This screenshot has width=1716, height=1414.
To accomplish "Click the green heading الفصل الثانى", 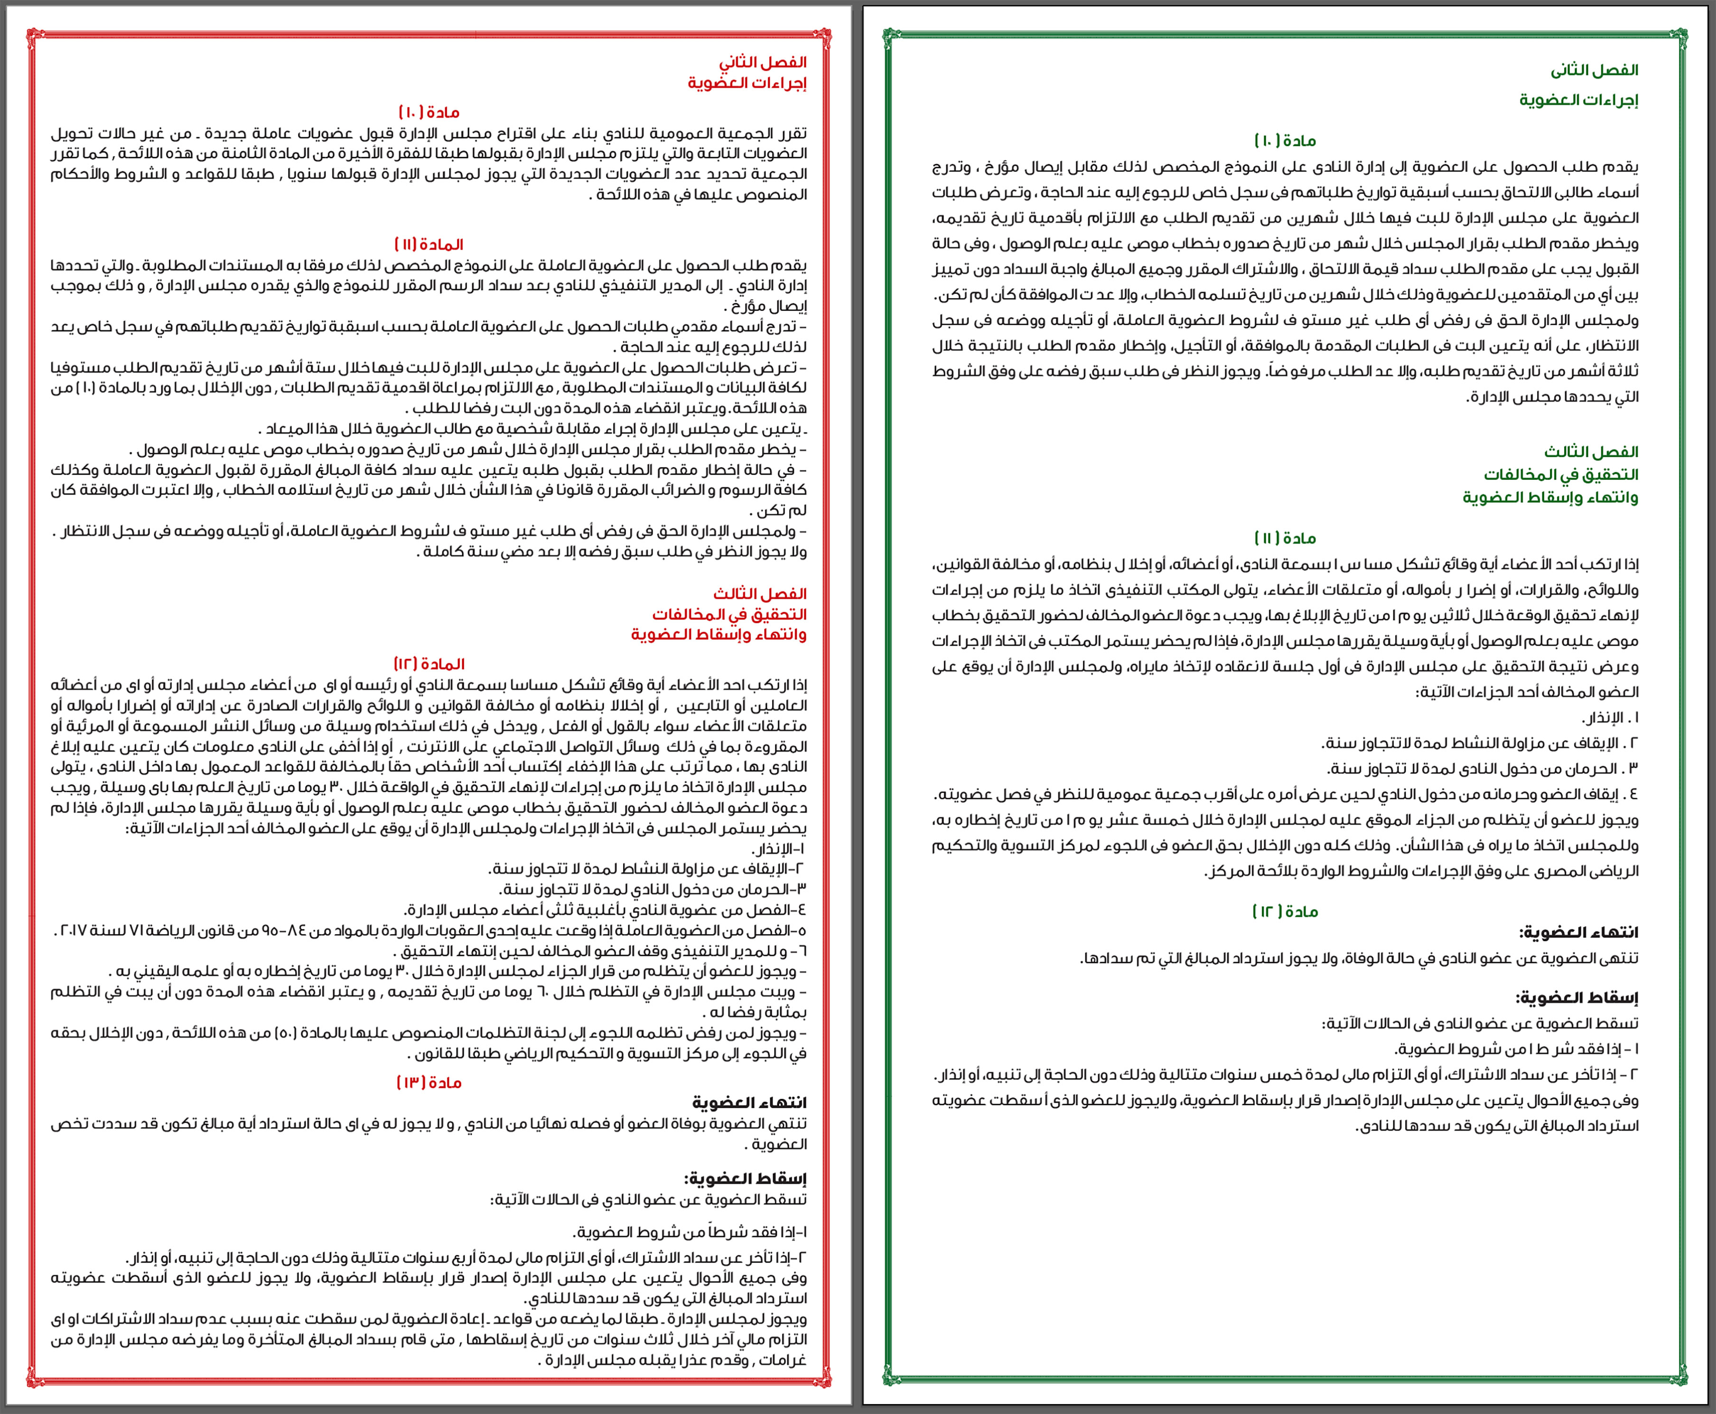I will point(1594,71).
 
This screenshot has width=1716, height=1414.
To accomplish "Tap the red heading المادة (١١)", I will point(429,244).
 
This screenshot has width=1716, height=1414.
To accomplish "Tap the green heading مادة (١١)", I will point(1285,538).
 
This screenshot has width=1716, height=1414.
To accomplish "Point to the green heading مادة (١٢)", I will point(1285,911).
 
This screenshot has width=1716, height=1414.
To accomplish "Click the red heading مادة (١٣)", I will point(429,1083).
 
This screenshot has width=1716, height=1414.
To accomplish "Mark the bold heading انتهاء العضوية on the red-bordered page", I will point(749,1103).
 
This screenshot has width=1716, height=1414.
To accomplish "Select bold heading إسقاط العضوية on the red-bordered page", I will point(745,1179).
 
